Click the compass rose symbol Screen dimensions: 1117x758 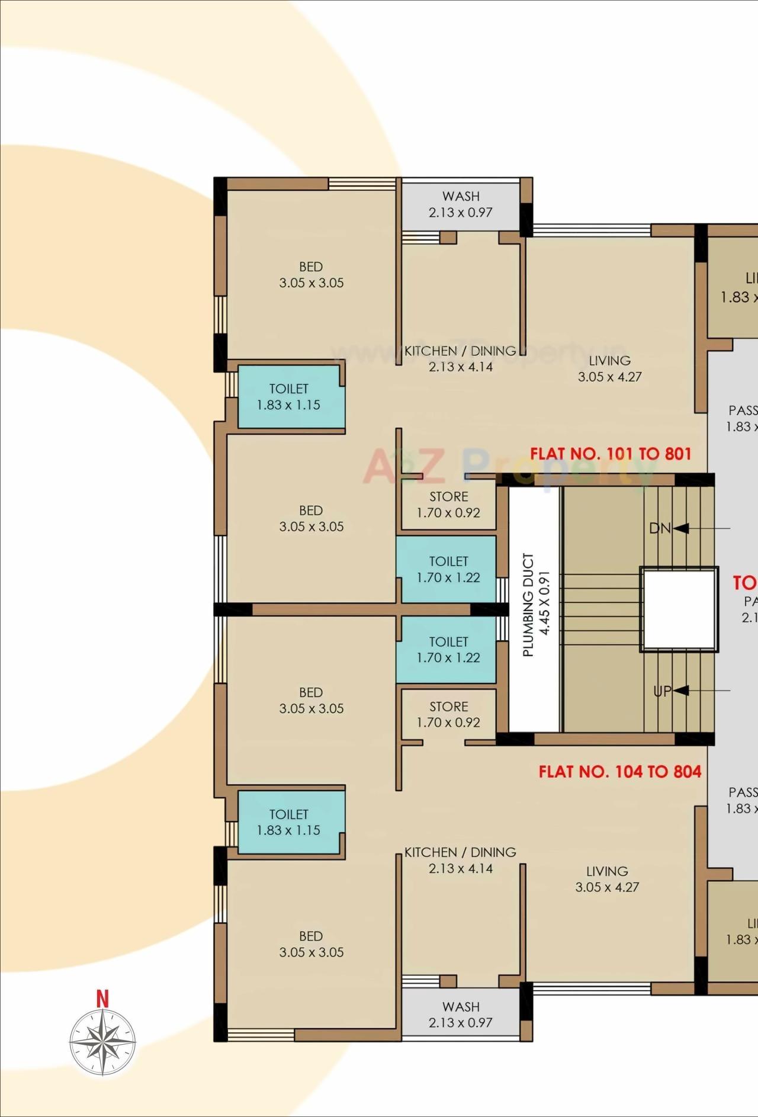(102, 1042)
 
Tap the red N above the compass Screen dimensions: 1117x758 (102, 999)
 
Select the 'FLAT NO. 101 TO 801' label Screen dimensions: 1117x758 (611, 454)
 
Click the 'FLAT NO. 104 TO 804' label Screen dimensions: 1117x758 (619, 772)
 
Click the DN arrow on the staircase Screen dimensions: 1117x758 (680, 528)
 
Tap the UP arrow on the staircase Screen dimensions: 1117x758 (680, 691)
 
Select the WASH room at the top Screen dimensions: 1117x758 (461, 204)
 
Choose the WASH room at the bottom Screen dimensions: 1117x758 (461, 1015)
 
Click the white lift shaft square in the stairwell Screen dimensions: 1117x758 (679, 610)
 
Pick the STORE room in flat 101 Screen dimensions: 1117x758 (448, 505)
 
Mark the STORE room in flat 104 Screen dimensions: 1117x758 (448, 714)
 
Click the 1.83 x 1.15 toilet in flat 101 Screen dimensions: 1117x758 (288, 397)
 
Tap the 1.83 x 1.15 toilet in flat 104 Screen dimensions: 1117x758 (288, 822)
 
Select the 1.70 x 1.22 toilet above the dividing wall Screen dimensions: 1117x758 (448, 569)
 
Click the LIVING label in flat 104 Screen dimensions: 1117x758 (607, 879)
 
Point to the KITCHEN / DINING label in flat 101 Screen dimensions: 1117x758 (461, 359)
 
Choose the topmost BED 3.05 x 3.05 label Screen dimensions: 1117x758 (311, 275)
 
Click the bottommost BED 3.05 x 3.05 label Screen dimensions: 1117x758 (311, 944)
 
